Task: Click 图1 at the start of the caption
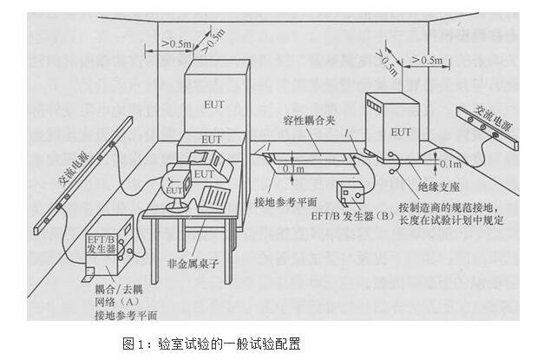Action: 136,342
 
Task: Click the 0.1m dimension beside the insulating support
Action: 451,163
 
